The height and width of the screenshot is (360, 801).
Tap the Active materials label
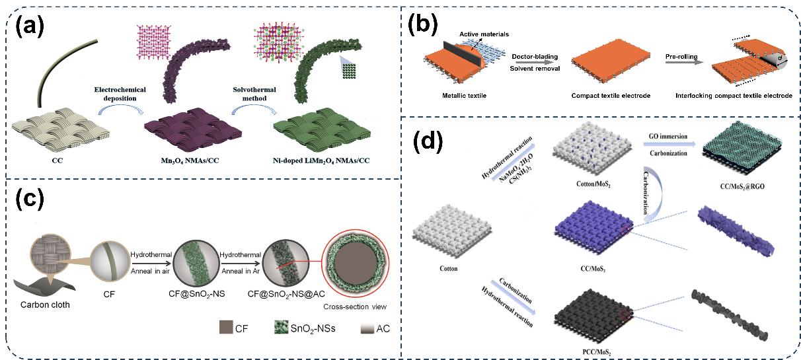pos(487,34)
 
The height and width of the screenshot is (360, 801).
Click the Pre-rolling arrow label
pos(682,57)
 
